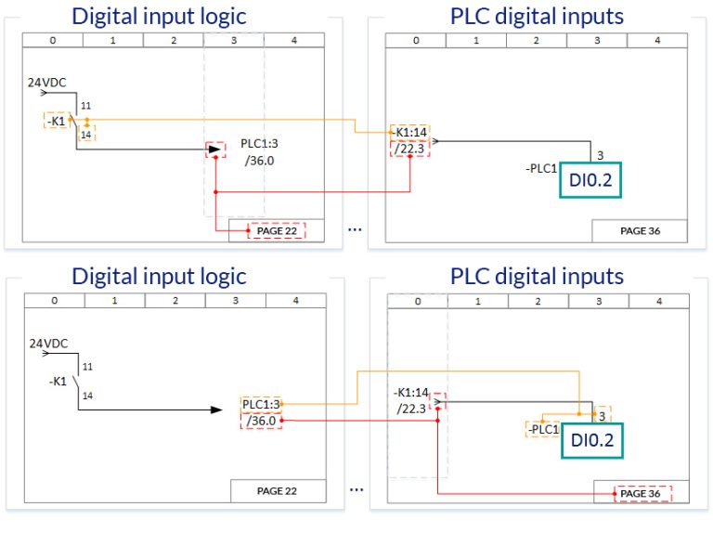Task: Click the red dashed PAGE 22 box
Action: click(x=276, y=230)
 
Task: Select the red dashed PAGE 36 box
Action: click(x=641, y=493)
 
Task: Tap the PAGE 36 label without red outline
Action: click(x=640, y=230)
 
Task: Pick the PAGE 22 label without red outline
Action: click(x=276, y=490)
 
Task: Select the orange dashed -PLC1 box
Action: click(x=541, y=429)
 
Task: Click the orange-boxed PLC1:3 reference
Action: click(x=260, y=404)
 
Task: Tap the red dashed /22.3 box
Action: click(x=408, y=149)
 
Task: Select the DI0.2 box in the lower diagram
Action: click(x=591, y=441)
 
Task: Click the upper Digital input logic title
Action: click(x=159, y=16)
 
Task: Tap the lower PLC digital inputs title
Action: click(x=537, y=276)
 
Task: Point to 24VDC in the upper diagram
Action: click(x=47, y=84)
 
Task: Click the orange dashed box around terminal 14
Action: click(x=87, y=134)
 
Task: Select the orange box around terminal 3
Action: click(x=602, y=416)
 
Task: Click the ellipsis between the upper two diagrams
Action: click(x=356, y=227)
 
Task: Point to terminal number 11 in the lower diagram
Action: click(x=86, y=367)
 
